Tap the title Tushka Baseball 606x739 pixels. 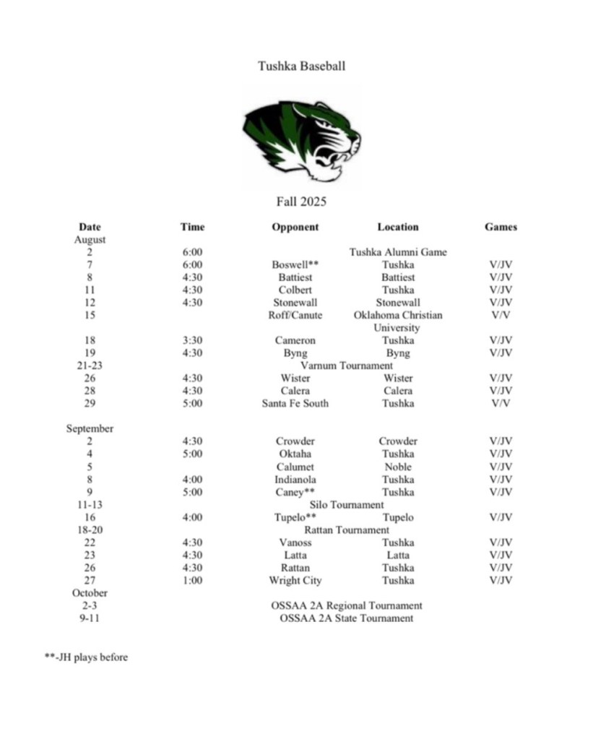tap(302, 66)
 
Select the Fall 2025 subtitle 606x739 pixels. tap(301, 202)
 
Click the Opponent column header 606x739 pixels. tap(295, 227)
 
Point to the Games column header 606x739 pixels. tap(501, 227)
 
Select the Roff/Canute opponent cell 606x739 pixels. tap(295, 315)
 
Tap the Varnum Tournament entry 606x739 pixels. tap(347, 366)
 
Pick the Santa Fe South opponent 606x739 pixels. tap(295, 403)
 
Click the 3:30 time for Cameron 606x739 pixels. tap(192, 340)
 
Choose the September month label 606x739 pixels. tap(90, 428)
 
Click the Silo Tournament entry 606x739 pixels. tap(347, 505)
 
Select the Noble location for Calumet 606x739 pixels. tap(398, 467)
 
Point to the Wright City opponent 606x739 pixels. tap(295, 581)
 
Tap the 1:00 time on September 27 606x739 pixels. tap(192, 581)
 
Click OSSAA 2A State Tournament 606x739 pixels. tap(347, 618)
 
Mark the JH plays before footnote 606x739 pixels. tap(86, 657)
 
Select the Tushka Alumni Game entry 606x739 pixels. tap(398, 252)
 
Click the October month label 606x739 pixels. tap(90, 593)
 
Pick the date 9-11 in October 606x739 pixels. tap(90, 618)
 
